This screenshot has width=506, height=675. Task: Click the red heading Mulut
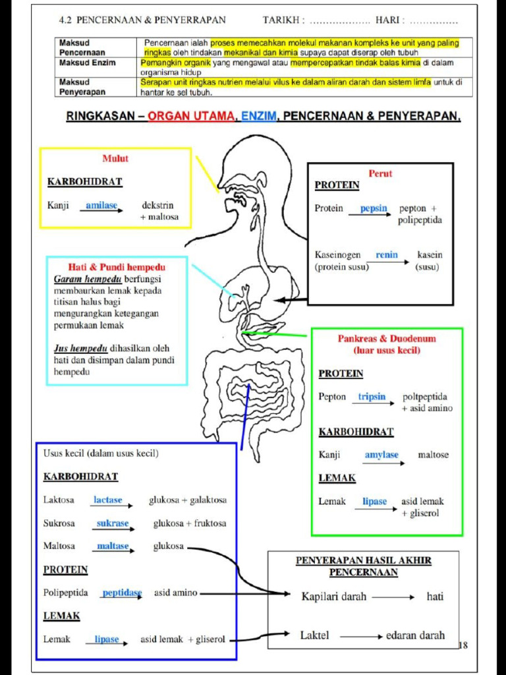tap(115, 158)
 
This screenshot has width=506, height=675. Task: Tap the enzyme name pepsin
tap(374, 208)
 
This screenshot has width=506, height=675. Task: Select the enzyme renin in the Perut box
tap(387, 255)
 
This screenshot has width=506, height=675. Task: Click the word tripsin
tap(372, 396)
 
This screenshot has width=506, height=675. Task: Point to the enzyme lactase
tap(108, 500)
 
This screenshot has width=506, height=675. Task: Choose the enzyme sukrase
tap(113, 523)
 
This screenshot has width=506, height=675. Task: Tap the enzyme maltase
tap(113, 546)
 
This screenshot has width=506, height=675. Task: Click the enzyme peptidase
tap(122, 593)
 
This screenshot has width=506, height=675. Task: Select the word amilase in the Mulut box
tap(101, 206)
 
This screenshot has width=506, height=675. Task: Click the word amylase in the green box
tap(381, 455)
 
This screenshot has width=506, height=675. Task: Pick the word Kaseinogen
tap(338, 255)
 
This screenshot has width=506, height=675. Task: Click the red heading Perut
tap(380, 173)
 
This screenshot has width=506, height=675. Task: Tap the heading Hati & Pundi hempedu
tap(117, 268)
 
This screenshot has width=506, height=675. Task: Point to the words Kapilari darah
tap(334, 597)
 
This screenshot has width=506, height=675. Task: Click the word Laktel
tap(314, 635)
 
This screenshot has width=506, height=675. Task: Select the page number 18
tap(463, 645)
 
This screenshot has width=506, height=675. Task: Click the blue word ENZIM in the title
tap(258, 116)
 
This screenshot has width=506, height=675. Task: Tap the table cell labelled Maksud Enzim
tap(88, 63)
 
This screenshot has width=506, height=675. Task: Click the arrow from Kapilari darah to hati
tap(393, 597)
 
